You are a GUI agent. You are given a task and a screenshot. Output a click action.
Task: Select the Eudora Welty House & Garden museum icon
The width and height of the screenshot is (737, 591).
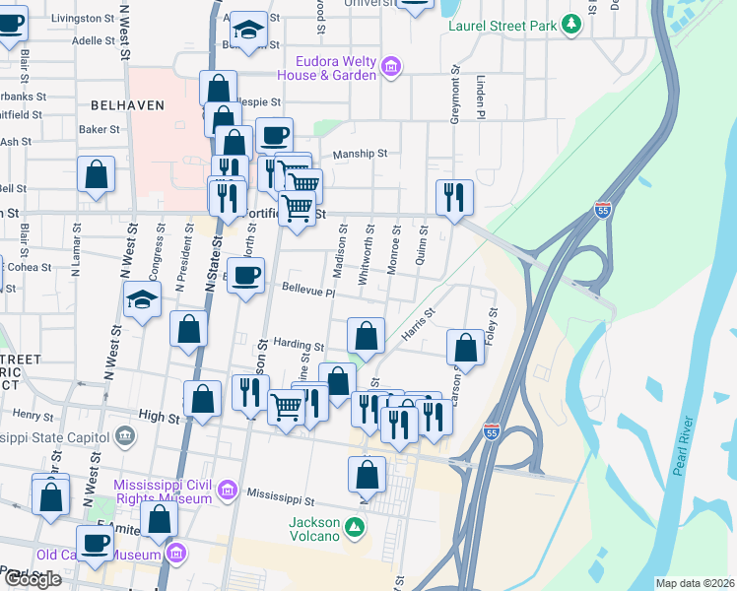click(391, 67)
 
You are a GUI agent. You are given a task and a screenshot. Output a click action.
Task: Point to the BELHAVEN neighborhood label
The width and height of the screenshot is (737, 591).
click(126, 104)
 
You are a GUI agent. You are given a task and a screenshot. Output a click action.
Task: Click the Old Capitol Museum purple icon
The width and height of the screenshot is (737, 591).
click(176, 552)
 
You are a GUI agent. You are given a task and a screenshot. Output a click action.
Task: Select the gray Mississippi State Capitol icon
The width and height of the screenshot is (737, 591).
click(124, 434)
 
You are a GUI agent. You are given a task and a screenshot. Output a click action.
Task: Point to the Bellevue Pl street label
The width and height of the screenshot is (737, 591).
click(308, 292)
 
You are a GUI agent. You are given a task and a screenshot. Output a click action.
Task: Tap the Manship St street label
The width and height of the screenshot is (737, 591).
click(361, 154)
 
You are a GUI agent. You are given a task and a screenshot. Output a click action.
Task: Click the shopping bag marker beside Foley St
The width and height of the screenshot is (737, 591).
click(465, 348)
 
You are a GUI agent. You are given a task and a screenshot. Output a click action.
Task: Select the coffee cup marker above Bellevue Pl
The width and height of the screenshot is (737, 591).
click(246, 275)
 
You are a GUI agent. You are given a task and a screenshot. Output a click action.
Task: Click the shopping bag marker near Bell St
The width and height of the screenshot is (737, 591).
click(96, 174)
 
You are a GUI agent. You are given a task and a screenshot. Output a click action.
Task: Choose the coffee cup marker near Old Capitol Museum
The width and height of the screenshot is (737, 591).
click(96, 542)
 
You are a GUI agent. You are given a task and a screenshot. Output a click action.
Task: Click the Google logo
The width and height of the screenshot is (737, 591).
click(32, 579)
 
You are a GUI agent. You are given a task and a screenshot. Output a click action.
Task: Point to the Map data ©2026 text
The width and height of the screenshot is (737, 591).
click(695, 583)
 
